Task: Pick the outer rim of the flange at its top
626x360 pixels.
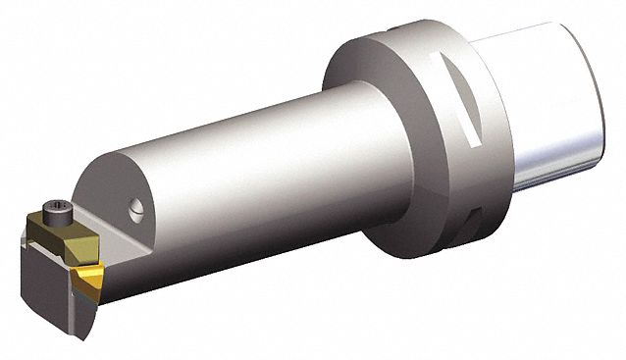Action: click(x=412, y=29)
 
